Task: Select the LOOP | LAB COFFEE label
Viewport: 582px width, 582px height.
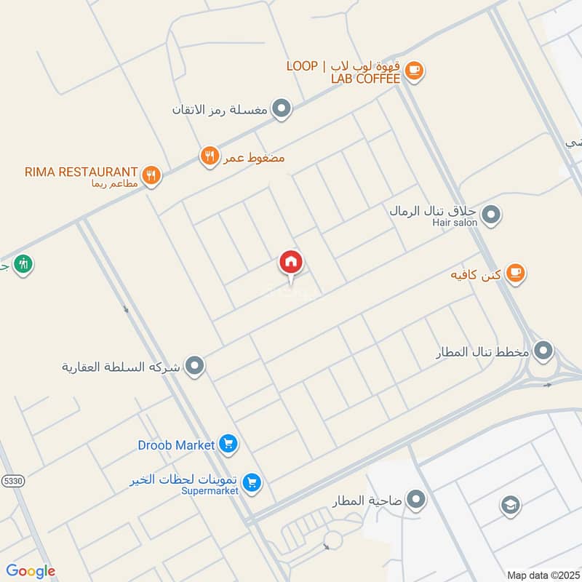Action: pyautogui.click(x=343, y=72)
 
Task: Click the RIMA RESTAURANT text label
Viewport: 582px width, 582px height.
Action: pyautogui.click(x=81, y=172)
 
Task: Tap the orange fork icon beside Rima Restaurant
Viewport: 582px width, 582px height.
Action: pyautogui.click(x=151, y=175)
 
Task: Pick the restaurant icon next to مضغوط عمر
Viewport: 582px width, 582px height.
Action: pyautogui.click(x=210, y=156)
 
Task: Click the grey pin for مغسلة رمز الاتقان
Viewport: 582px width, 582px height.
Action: pyautogui.click(x=282, y=110)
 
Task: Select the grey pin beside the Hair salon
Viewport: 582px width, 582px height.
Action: pyautogui.click(x=492, y=215)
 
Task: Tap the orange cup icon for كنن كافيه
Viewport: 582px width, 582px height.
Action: pyautogui.click(x=515, y=274)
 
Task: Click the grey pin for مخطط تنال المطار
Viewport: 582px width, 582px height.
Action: pyautogui.click(x=543, y=352)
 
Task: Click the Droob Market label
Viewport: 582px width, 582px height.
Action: pyautogui.click(x=176, y=445)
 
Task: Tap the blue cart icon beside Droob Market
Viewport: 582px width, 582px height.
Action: pyautogui.click(x=228, y=443)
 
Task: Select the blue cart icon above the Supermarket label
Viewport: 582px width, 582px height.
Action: pyautogui.click(x=252, y=482)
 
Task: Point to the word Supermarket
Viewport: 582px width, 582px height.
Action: pyautogui.click(x=210, y=491)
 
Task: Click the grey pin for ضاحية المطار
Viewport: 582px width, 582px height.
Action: pyautogui.click(x=416, y=500)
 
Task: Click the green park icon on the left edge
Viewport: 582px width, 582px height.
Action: pyautogui.click(x=24, y=263)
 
